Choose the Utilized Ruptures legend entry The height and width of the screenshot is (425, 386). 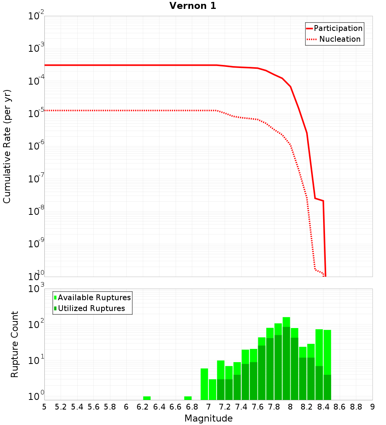[90, 308]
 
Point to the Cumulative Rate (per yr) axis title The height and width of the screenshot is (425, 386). [7, 146]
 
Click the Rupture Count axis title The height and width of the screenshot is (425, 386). [14, 344]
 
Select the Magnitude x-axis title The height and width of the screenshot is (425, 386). [208, 418]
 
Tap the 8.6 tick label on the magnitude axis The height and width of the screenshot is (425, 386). [340, 407]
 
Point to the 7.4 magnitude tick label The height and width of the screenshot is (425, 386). [241, 407]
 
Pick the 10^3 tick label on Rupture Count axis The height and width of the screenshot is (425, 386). [36, 289]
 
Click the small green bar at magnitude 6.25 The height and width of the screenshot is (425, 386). [147, 398]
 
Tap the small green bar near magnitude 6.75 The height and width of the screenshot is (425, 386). [188, 398]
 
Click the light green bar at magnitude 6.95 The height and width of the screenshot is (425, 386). [204, 384]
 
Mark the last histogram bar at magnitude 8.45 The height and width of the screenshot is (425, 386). [327, 365]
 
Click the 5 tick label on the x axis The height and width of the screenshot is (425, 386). [44, 407]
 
